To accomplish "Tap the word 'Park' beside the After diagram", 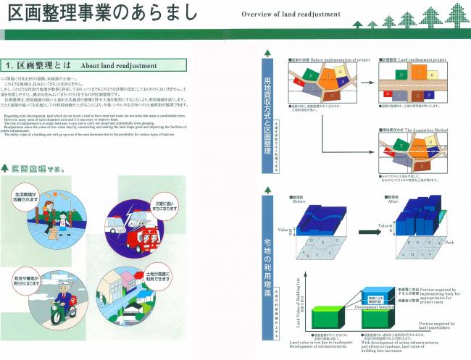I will tap(452, 242).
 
